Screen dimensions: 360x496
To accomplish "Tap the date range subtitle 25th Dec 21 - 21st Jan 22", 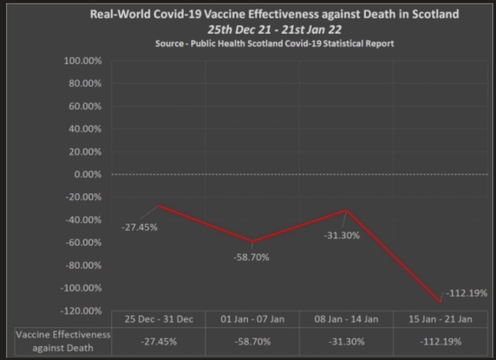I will click(275, 30).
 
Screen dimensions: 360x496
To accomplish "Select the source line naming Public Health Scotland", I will click(275, 44).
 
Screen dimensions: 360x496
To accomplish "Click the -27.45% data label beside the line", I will click(139, 227).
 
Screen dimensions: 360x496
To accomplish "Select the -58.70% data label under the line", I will click(251, 257).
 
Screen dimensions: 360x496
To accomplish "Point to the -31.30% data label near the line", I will click(341, 235).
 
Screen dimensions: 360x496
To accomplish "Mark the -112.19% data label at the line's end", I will click(466, 293).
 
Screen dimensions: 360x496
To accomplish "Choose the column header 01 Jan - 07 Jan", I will click(252, 319).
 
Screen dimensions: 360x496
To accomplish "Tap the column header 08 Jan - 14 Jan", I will click(346, 319).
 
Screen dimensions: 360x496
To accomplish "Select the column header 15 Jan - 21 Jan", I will click(440, 319).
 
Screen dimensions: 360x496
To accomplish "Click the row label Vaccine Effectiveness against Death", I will click(62, 341).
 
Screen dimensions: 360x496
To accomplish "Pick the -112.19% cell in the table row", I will click(440, 342).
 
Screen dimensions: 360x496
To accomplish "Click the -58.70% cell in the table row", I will click(252, 342).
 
